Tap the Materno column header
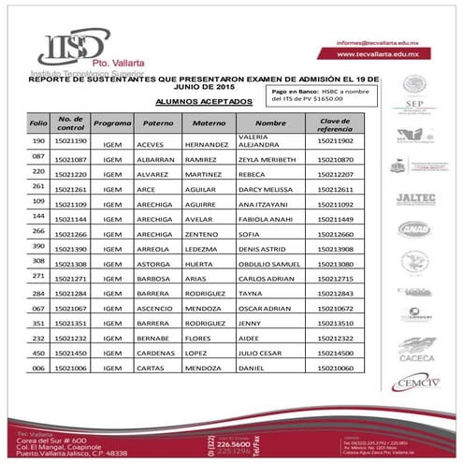point(208,123)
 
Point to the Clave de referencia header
point(335,123)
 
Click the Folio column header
point(38,123)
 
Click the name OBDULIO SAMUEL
point(272,265)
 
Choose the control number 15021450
point(72,353)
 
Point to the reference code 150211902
point(335,140)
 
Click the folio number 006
point(38,368)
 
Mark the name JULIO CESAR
point(261,353)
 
